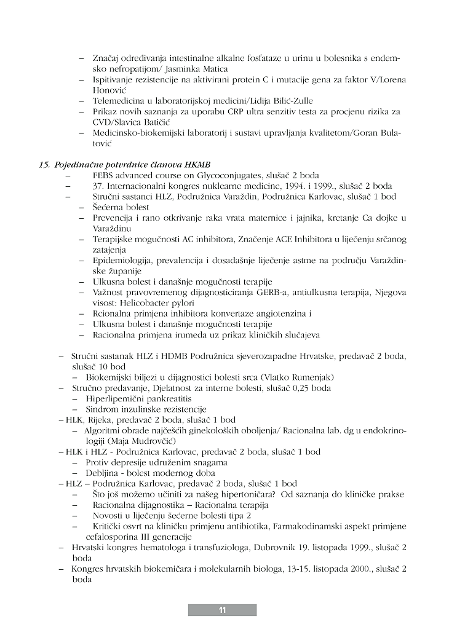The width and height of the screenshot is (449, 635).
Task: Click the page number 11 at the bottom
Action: point(222,610)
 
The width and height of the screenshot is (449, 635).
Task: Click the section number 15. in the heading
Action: point(44,165)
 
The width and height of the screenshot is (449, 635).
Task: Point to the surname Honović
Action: point(109,90)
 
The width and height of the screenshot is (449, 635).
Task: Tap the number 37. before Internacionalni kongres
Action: point(99,186)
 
